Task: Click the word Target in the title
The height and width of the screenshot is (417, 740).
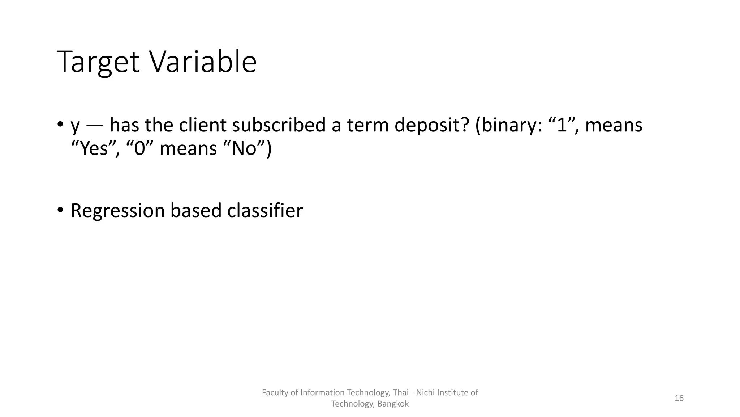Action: pyautogui.click(x=98, y=62)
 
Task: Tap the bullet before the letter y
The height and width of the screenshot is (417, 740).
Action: pyautogui.click(x=60, y=125)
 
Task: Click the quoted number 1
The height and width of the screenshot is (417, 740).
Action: pyautogui.click(x=562, y=125)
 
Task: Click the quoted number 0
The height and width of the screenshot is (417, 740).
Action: pyautogui.click(x=139, y=149)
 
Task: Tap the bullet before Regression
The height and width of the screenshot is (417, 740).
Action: pyautogui.click(x=60, y=210)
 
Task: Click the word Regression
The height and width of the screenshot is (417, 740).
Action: pyautogui.click(x=117, y=211)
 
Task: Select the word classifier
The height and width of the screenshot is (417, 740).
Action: pyautogui.click(x=265, y=210)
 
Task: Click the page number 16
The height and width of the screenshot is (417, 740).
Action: pyautogui.click(x=679, y=398)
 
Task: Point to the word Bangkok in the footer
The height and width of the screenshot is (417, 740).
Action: pyautogui.click(x=393, y=404)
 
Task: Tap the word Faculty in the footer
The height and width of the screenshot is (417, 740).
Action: pyautogui.click(x=275, y=393)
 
